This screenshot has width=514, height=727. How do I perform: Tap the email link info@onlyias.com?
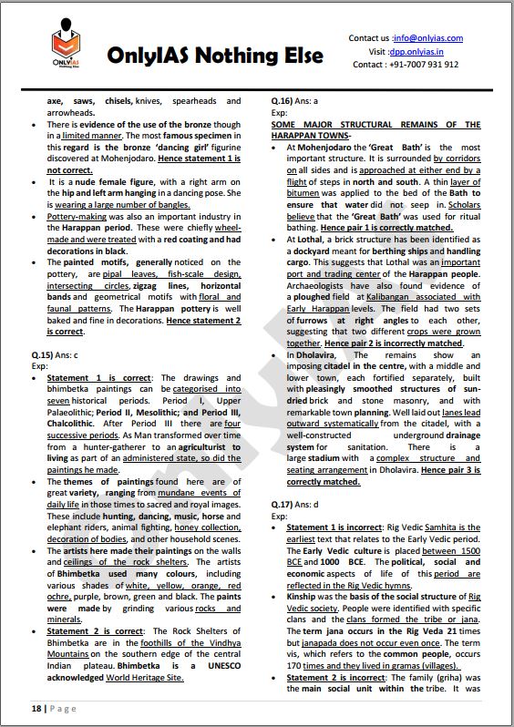427,38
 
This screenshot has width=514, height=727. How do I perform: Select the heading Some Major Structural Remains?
388,128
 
